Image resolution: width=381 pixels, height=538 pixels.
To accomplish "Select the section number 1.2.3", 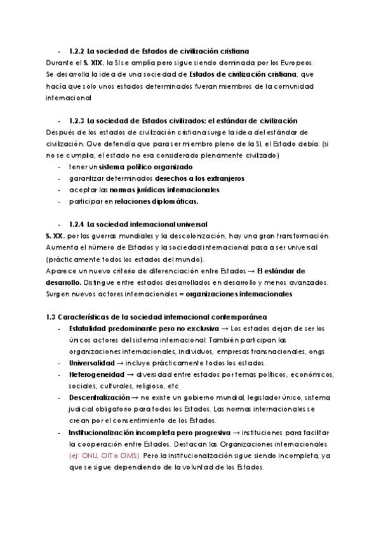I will point(77,121).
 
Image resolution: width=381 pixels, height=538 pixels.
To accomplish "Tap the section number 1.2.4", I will point(77,225).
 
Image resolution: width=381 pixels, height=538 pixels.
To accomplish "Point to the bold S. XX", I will point(54,237).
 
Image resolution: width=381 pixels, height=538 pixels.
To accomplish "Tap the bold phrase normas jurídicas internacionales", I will point(164,190).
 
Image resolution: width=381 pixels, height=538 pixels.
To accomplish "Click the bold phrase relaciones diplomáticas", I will point(156,202).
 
